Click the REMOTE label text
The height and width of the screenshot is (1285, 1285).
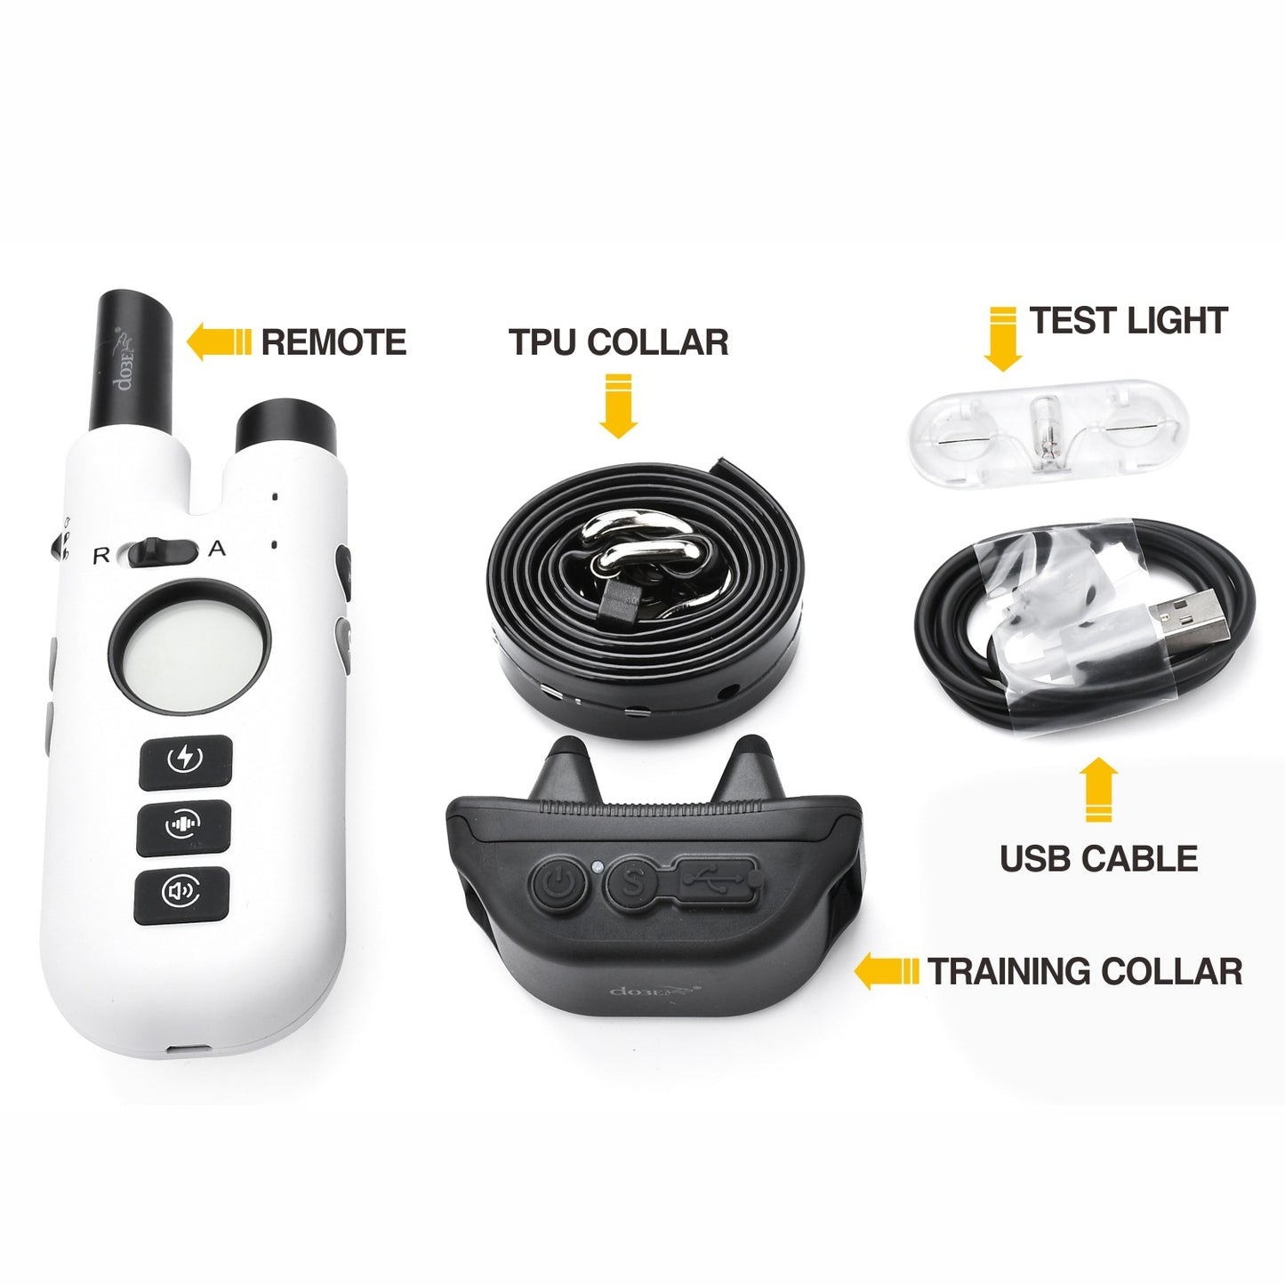click(x=333, y=342)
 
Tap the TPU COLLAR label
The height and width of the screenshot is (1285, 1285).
click(x=619, y=342)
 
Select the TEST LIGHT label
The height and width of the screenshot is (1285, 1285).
click(x=1128, y=321)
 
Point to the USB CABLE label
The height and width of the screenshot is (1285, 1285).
click(x=1099, y=858)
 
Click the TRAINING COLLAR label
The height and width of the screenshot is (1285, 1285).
click(x=1085, y=972)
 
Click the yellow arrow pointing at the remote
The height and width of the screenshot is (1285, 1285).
click(x=218, y=343)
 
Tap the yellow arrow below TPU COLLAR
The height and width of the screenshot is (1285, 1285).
click(x=619, y=406)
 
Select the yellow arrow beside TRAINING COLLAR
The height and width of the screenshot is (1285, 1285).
click(x=886, y=972)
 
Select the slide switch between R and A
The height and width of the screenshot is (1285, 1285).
click(x=164, y=552)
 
